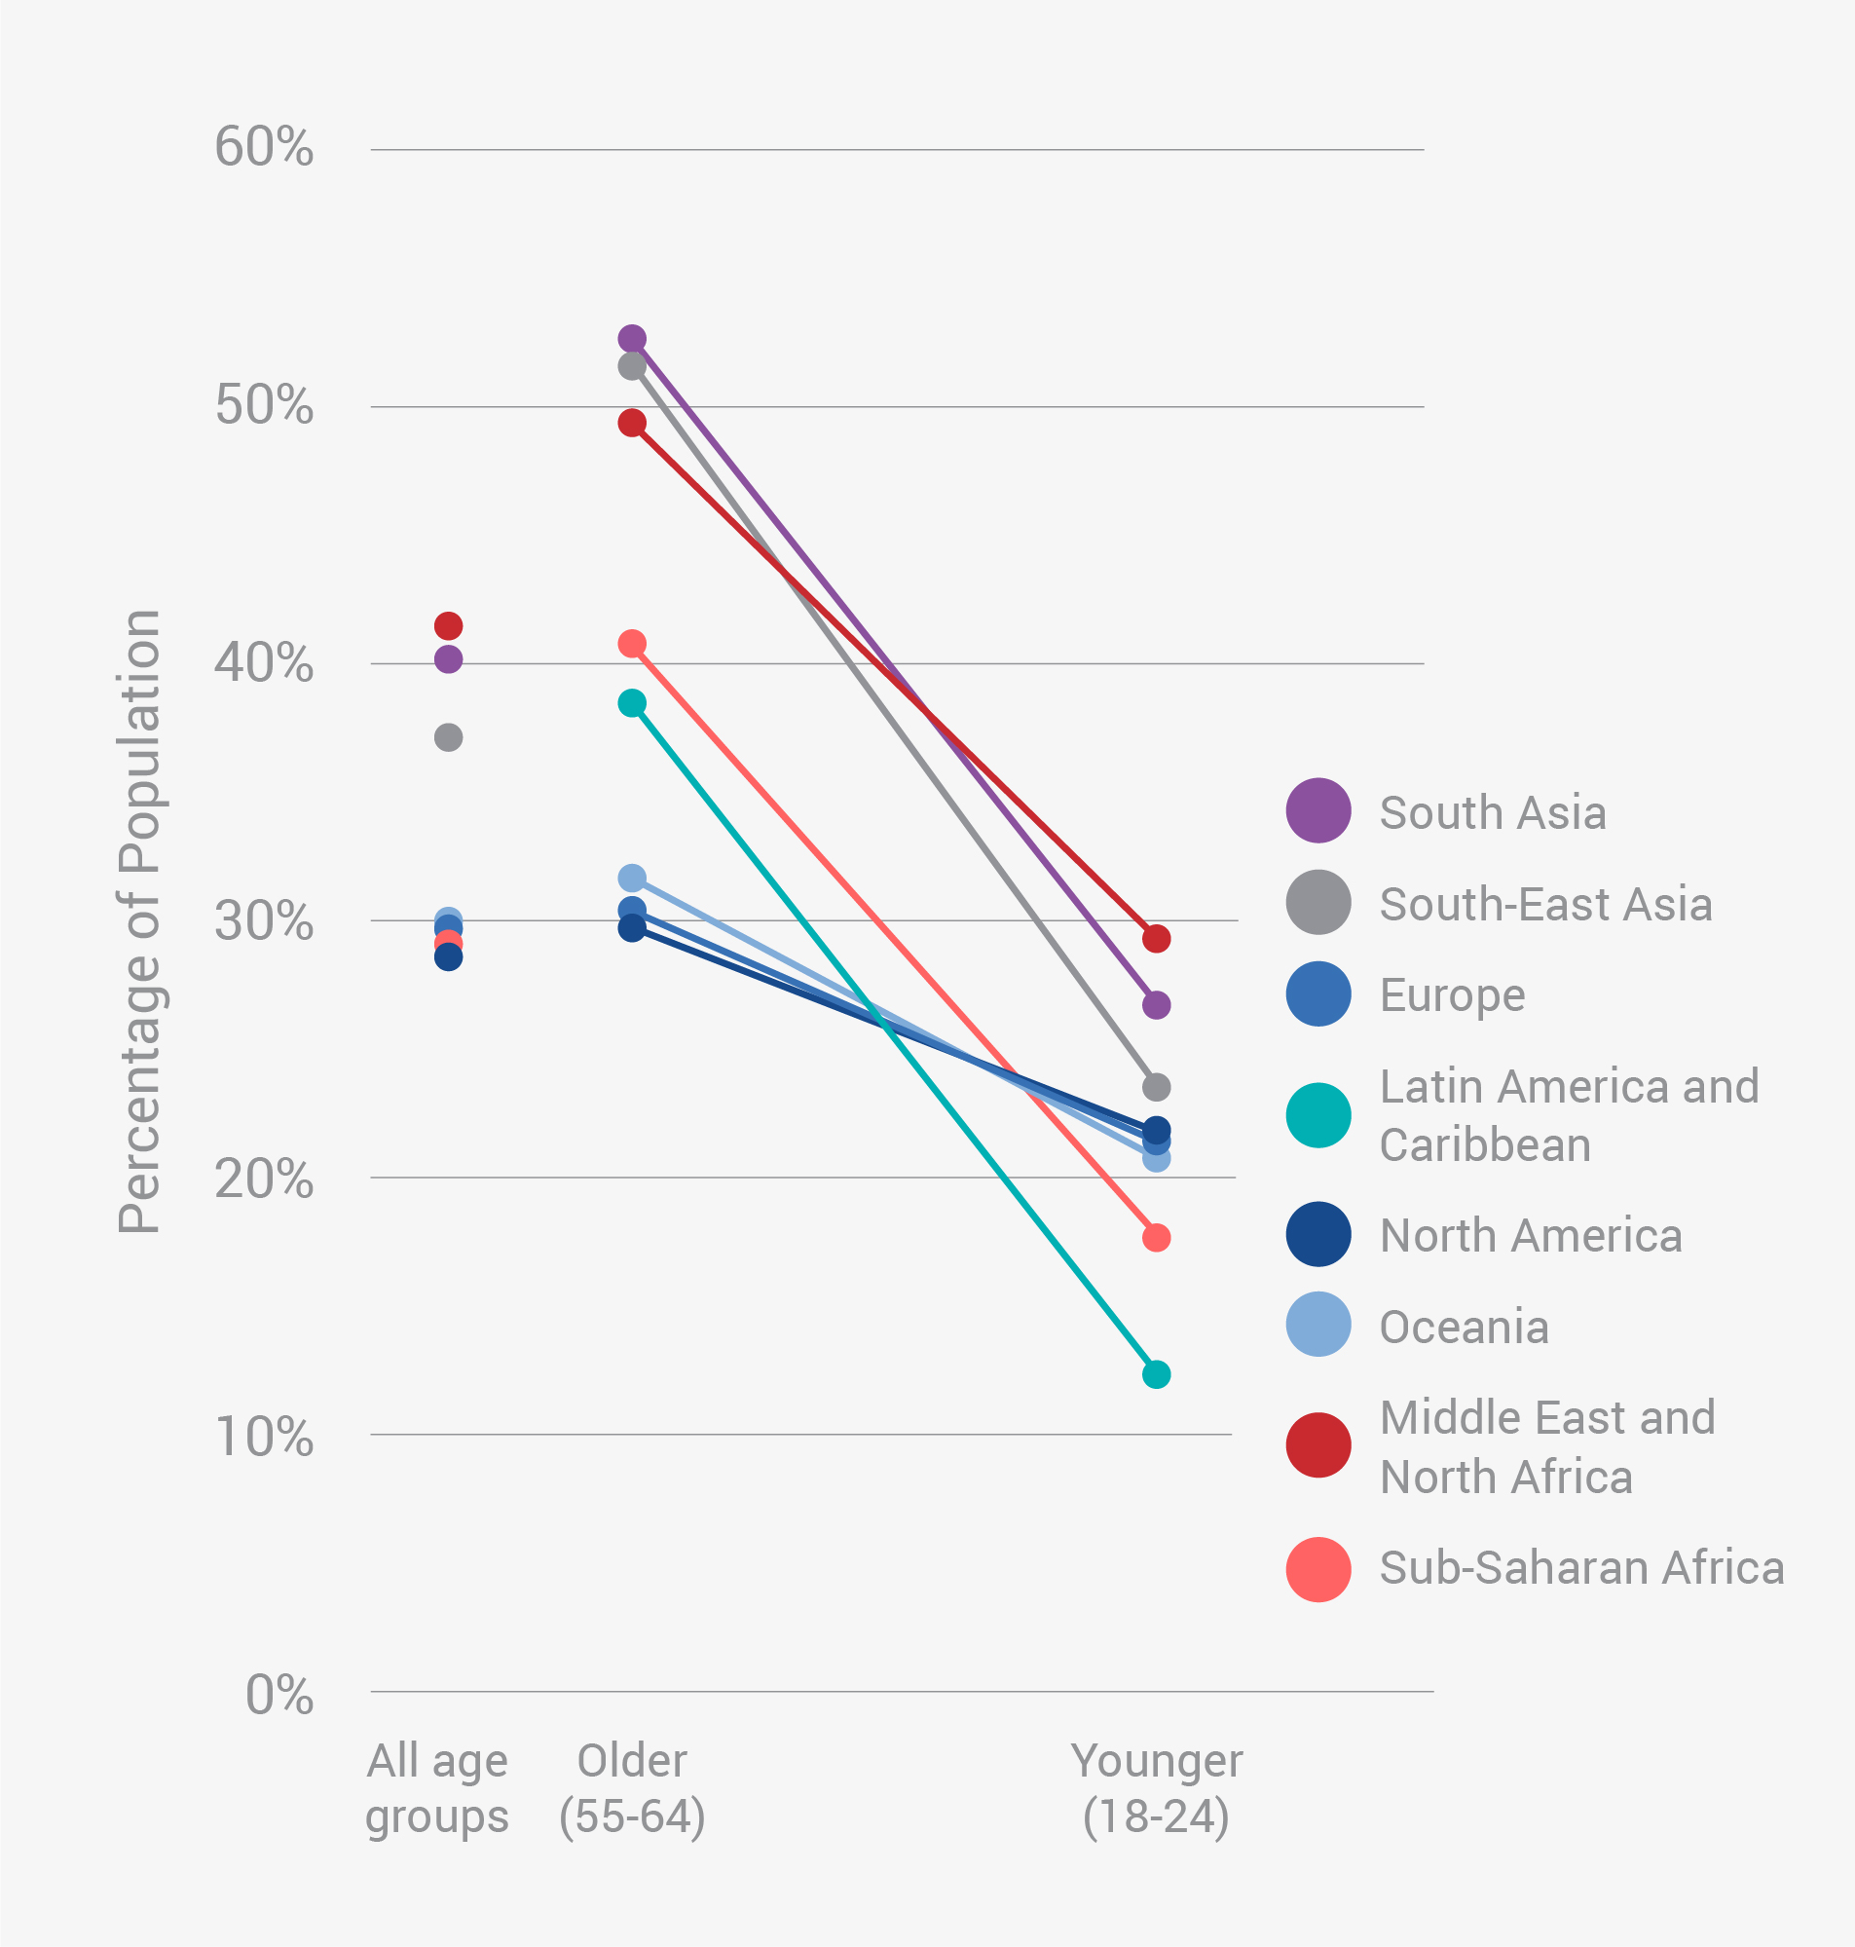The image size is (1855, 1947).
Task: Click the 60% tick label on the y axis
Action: pyautogui.click(x=263, y=148)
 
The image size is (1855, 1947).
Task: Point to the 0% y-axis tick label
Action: pyautogui.click(x=278, y=1696)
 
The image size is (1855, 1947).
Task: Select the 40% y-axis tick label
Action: pyautogui.click(x=263, y=662)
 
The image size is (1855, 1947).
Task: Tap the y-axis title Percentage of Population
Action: pyautogui.click(x=139, y=921)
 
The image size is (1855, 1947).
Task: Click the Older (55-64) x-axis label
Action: pyautogui.click(x=632, y=1788)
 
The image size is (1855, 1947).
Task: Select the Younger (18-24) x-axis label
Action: pyautogui.click(x=1156, y=1788)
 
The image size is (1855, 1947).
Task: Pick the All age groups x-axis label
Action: pyautogui.click(x=437, y=1788)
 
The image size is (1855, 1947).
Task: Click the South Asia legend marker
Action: pyautogui.click(x=1318, y=810)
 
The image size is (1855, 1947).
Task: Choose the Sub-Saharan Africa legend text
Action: pyautogui.click(x=1581, y=1568)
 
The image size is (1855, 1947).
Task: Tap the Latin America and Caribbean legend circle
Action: pyautogui.click(x=1318, y=1115)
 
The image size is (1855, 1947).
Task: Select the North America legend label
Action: pyautogui.click(x=1531, y=1236)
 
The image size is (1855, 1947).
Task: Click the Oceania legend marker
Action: pyautogui.click(x=1318, y=1324)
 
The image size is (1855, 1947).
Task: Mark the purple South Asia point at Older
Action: pyautogui.click(x=632, y=339)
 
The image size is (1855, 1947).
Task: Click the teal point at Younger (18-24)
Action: pyautogui.click(x=1156, y=1374)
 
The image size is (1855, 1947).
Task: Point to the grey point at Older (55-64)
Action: pyautogui.click(x=632, y=367)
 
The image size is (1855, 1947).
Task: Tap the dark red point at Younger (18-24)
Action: pyautogui.click(x=1156, y=938)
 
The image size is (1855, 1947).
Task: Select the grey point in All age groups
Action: pyautogui.click(x=448, y=737)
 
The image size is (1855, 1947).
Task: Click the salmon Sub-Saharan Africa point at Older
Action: pyautogui.click(x=632, y=644)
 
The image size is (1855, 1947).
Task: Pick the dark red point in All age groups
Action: pyautogui.click(x=448, y=626)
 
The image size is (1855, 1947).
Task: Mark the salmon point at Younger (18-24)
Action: pyautogui.click(x=1156, y=1238)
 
